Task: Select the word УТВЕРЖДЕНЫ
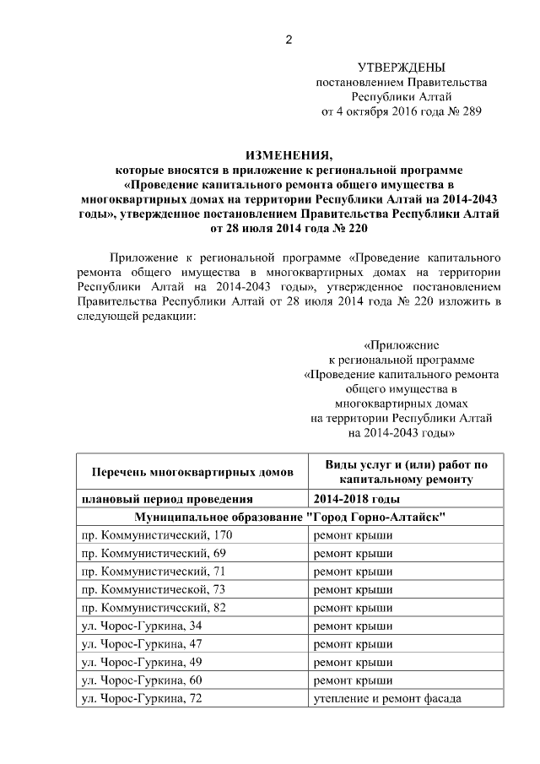click(401, 68)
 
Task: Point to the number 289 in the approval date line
click(472, 111)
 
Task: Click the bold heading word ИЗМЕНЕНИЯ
click(289, 154)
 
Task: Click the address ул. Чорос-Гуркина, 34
click(142, 626)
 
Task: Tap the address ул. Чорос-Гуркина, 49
click(142, 662)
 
